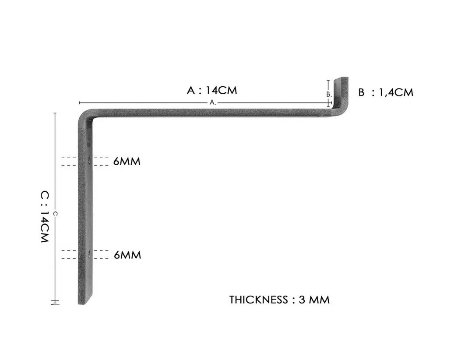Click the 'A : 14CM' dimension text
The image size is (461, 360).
tap(212, 90)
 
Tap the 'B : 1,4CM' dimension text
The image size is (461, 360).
tap(386, 92)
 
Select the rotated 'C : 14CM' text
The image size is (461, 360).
tap(44, 217)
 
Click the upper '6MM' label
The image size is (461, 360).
tap(127, 161)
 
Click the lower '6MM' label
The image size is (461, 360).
tap(127, 255)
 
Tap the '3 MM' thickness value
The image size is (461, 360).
tap(314, 300)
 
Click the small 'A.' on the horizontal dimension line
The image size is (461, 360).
tap(213, 102)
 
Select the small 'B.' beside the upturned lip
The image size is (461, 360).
tap(329, 95)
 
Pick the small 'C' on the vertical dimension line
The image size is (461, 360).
tap(55, 214)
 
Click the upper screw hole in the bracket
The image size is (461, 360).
tap(89, 161)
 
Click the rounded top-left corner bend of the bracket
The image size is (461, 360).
tap(84, 116)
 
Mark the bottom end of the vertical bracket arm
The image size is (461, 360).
tap(85, 304)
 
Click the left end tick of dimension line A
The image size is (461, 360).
tap(80, 102)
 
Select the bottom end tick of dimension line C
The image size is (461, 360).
tap(55, 301)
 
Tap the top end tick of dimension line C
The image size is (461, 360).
tap(55, 113)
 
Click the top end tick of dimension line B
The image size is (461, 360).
tap(328, 80)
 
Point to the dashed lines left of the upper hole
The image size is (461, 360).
tap(69, 161)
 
